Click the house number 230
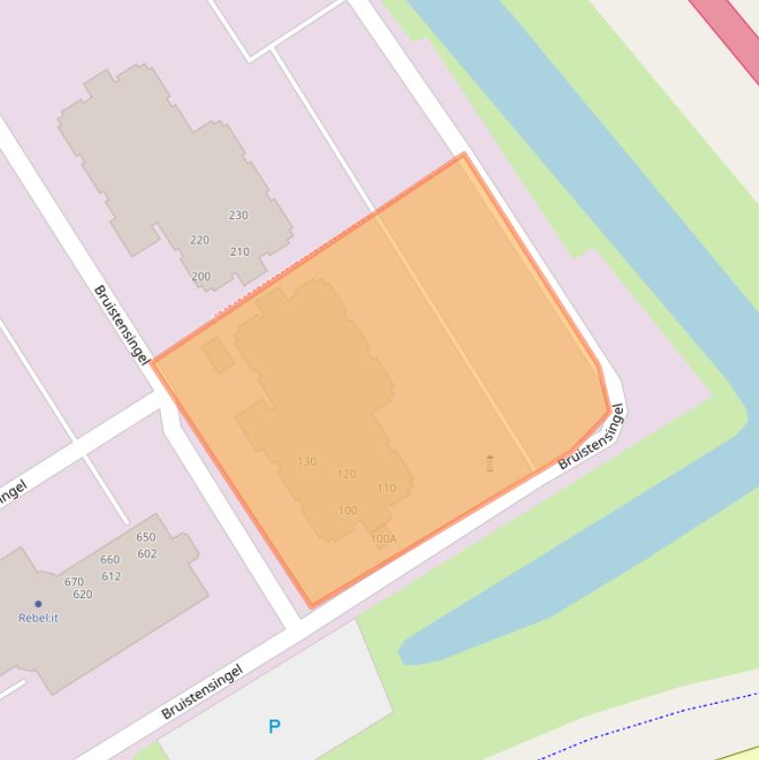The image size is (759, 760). coord(238,215)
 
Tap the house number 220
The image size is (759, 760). coord(199,240)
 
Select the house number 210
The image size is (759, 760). coord(239,252)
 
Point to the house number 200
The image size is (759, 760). coord(200,276)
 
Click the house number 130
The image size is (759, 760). coord(307,461)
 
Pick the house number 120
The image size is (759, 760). coord(345,474)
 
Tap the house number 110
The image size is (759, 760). coord(386,488)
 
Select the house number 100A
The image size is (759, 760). coord(383,539)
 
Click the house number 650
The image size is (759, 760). coord(146,537)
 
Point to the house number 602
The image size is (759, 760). coord(147,554)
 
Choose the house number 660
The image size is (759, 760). coord(110,560)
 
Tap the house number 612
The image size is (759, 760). coord(111,576)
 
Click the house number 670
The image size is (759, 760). coord(74,582)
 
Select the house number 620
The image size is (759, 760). coord(82,594)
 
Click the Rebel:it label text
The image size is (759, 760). coord(38,618)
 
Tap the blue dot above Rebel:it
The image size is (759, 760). coord(38,603)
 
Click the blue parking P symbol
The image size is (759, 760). coord(274,726)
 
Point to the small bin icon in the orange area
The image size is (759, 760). coord(490,463)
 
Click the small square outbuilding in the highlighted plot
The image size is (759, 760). coord(218,355)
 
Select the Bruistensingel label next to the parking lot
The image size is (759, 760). coord(201,692)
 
